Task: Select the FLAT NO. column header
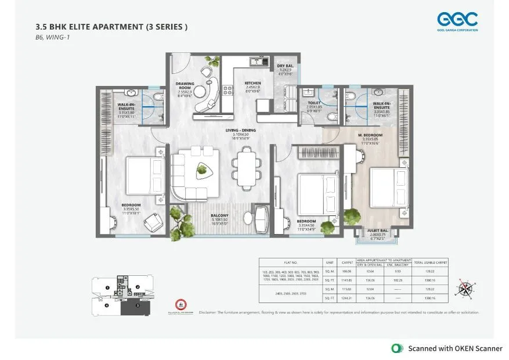click(290, 262)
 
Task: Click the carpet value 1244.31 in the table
click(346, 298)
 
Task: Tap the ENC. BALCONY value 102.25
click(396, 280)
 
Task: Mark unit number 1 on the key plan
click(107, 287)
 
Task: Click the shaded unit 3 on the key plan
click(137, 304)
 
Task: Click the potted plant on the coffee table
click(201, 169)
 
